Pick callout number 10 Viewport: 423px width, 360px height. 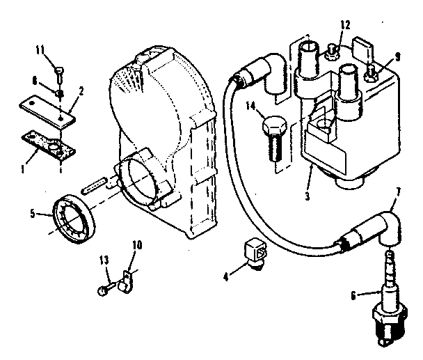137,246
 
